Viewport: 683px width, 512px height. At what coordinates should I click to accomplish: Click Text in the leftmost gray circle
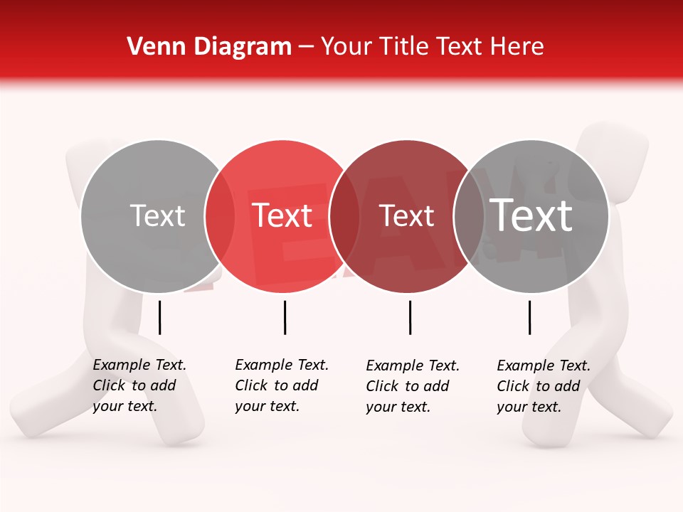tap(157, 216)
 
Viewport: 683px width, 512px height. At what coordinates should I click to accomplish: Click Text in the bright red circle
tap(282, 216)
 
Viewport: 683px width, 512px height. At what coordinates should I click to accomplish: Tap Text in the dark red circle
tap(406, 216)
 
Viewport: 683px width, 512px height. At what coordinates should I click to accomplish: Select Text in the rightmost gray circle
tap(531, 215)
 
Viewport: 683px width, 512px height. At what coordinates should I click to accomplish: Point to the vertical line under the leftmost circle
tap(160, 317)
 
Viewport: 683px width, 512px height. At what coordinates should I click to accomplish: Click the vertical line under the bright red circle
tap(285, 317)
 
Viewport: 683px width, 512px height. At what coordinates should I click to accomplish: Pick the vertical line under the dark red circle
tap(410, 317)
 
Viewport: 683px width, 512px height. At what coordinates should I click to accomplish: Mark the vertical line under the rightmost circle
tap(529, 317)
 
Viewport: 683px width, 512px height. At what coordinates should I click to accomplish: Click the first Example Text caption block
tap(139, 385)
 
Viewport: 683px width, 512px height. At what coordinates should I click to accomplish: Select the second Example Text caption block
tap(281, 385)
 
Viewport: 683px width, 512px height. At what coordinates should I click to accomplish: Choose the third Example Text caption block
tap(412, 386)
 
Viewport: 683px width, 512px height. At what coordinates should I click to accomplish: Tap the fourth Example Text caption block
tap(543, 386)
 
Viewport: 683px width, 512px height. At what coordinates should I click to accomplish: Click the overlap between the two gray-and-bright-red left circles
tap(220, 216)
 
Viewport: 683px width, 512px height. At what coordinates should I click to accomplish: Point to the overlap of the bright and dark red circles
tap(344, 216)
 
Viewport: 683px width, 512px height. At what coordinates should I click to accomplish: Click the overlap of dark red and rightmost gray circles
tap(469, 216)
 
